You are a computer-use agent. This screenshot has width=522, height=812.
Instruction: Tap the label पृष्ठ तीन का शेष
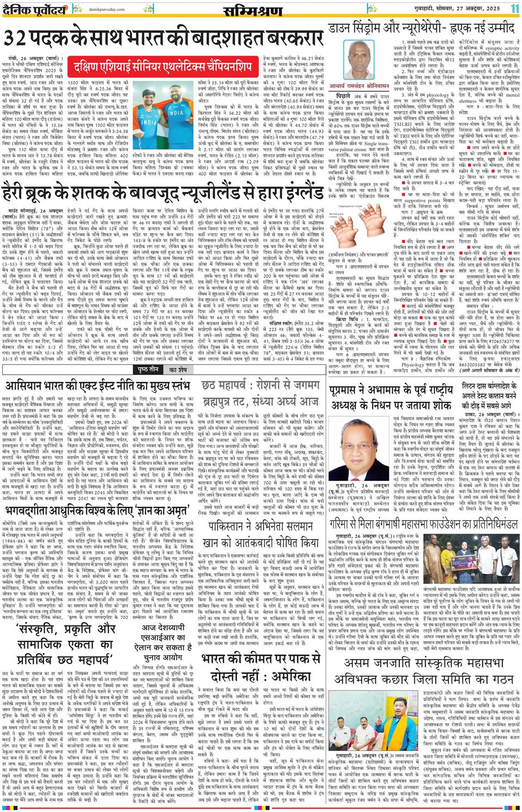pos(162,355)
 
